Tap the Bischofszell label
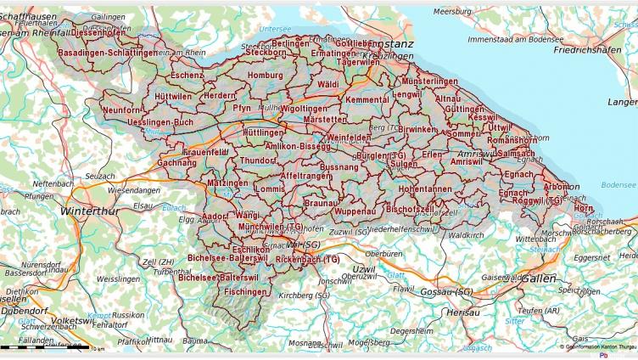410,209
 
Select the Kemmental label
367,100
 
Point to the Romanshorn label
512,139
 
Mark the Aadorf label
215,217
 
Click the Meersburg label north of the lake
451,12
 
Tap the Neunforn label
120,110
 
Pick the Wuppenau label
355,211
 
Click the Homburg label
265,75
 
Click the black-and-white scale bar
42,347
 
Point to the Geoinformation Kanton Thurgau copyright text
597,347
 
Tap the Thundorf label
258,160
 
